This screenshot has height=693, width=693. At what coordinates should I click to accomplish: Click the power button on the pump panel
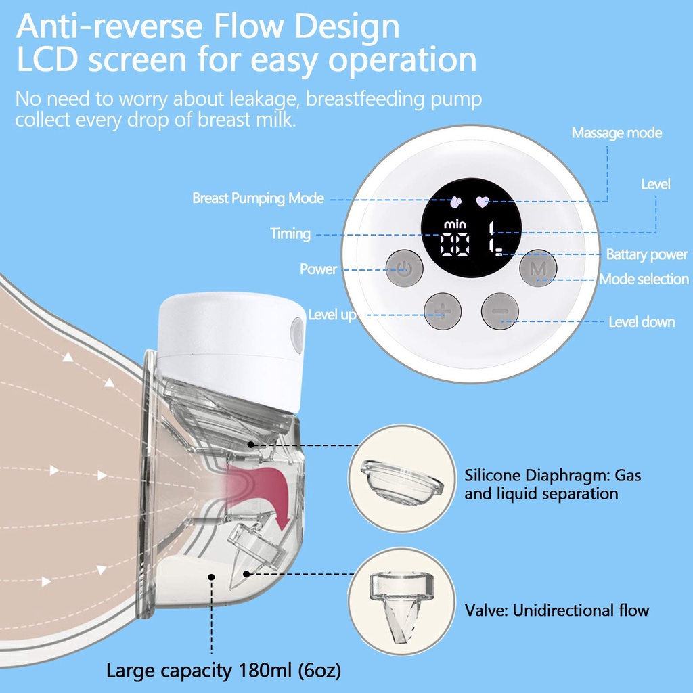(x=404, y=271)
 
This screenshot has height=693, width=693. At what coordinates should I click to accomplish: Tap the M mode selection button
(x=538, y=271)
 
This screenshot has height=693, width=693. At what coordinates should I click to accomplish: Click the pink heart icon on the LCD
(x=482, y=201)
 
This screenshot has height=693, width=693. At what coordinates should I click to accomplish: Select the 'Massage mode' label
(x=617, y=133)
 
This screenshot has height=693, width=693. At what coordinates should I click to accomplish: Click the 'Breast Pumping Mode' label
(x=258, y=198)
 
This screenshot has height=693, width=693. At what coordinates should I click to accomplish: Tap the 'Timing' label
(x=290, y=234)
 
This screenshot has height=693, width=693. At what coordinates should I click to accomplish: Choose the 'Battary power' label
(x=646, y=255)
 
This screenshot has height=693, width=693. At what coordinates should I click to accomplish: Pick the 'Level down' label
(x=642, y=322)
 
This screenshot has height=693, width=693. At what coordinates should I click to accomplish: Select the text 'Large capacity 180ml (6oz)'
(x=223, y=671)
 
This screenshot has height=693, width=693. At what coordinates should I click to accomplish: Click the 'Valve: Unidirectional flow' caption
(x=556, y=610)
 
